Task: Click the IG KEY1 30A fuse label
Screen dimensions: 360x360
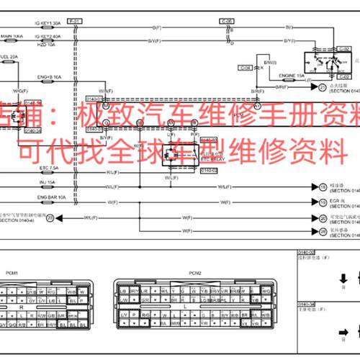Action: [x=50, y=23]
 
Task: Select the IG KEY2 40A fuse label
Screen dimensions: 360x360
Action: [x=50, y=35]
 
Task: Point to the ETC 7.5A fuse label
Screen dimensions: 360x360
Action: [x=48, y=168]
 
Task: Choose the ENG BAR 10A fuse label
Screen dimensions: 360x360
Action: [x=51, y=196]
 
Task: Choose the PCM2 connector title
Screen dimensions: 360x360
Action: [x=195, y=253]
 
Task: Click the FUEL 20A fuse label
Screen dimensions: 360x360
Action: [x=9, y=55]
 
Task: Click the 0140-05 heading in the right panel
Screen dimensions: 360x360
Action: [x=308, y=253]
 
